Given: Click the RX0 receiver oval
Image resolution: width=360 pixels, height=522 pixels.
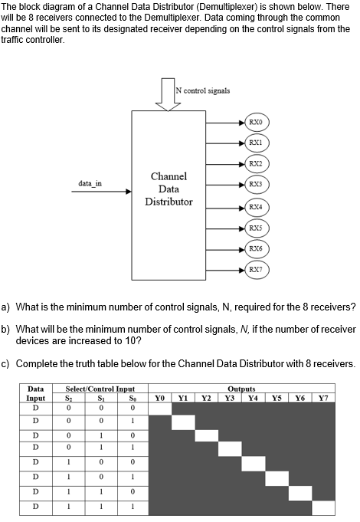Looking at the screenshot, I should (255, 121).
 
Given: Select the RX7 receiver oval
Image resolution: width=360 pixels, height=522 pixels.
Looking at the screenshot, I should (255, 269).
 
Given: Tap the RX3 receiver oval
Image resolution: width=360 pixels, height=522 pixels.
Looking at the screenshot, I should (255, 185).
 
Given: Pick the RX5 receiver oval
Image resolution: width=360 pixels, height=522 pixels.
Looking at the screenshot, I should (255, 228).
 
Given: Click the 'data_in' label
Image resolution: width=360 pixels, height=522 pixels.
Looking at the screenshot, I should (90, 182).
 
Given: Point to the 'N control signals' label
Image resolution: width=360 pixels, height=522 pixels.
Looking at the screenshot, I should (202, 90).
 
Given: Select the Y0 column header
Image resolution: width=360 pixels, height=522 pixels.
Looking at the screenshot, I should (159, 396).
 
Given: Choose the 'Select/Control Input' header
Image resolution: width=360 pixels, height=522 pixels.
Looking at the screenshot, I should (94, 389).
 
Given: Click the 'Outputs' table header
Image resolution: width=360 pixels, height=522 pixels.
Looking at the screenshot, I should (241, 389).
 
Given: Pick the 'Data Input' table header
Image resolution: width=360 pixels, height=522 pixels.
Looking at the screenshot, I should (35, 392).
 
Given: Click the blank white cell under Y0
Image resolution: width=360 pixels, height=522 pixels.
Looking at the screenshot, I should (159, 408).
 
